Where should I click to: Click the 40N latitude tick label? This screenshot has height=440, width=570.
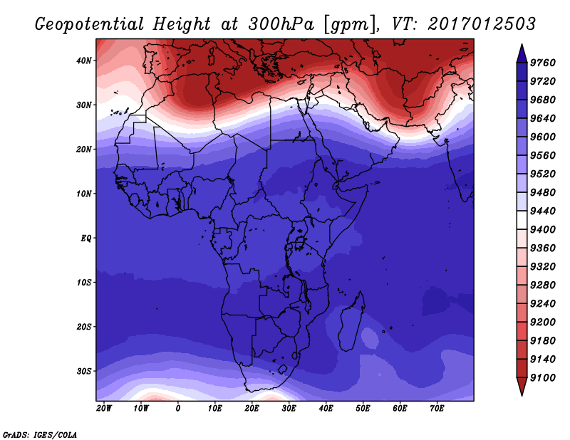[83, 61]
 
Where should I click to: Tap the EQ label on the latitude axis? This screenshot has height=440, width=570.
[85, 239]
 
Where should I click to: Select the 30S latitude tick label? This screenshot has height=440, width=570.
[83, 372]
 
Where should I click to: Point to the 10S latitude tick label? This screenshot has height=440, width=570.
[83, 283]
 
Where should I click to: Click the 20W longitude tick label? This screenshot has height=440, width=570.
[104, 409]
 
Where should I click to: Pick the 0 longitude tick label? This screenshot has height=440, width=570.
[177, 409]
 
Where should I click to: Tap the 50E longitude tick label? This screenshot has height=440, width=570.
[363, 409]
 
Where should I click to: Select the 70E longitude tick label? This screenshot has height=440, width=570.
[437, 409]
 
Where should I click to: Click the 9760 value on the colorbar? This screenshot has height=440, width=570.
[543, 63]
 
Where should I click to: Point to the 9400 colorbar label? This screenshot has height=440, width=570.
[543, 230]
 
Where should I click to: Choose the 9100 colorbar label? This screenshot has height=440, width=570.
[543, 378]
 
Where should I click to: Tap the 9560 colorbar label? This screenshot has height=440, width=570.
[543, 155]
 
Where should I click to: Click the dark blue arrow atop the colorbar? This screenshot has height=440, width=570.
[522, 55]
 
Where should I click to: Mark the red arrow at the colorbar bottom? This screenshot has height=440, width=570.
[522, 385]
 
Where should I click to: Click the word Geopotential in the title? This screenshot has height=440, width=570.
[90, 25]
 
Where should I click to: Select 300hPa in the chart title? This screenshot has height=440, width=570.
[281, 24]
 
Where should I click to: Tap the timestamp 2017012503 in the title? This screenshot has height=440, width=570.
[482, 24]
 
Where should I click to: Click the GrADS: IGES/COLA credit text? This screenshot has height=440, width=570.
[40, 435]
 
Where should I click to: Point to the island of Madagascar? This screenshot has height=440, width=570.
[351, 322]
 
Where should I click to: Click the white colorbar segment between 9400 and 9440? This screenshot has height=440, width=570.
[522, 220]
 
